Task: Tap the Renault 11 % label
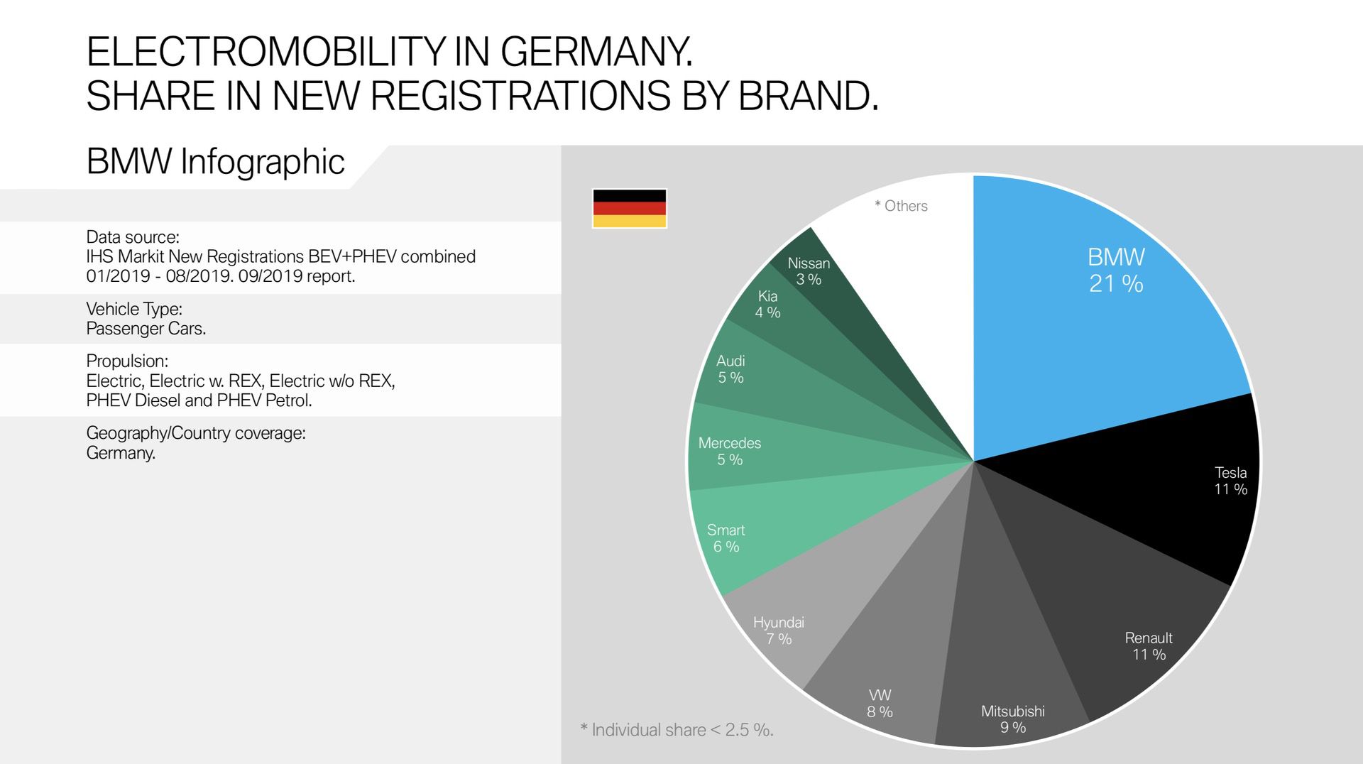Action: (1149, 646)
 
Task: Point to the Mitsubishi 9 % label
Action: (1012, 719)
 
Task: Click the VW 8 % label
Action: (880, 703)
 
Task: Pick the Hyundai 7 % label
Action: (779, 631)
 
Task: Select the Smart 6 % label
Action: (726, 538)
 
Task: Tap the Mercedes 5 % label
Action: (729, 451)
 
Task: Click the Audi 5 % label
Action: (730, 369)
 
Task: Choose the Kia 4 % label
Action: (767, 304)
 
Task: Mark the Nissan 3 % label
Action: (809, 271)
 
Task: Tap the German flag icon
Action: (629, 208)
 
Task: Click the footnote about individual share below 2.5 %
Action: (677, 730)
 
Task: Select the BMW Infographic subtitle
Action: (215, 162)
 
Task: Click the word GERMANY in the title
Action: (596, 52)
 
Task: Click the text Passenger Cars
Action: (146, 329)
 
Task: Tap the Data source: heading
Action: (133, 237)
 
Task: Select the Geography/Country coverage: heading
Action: (196, 433)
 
